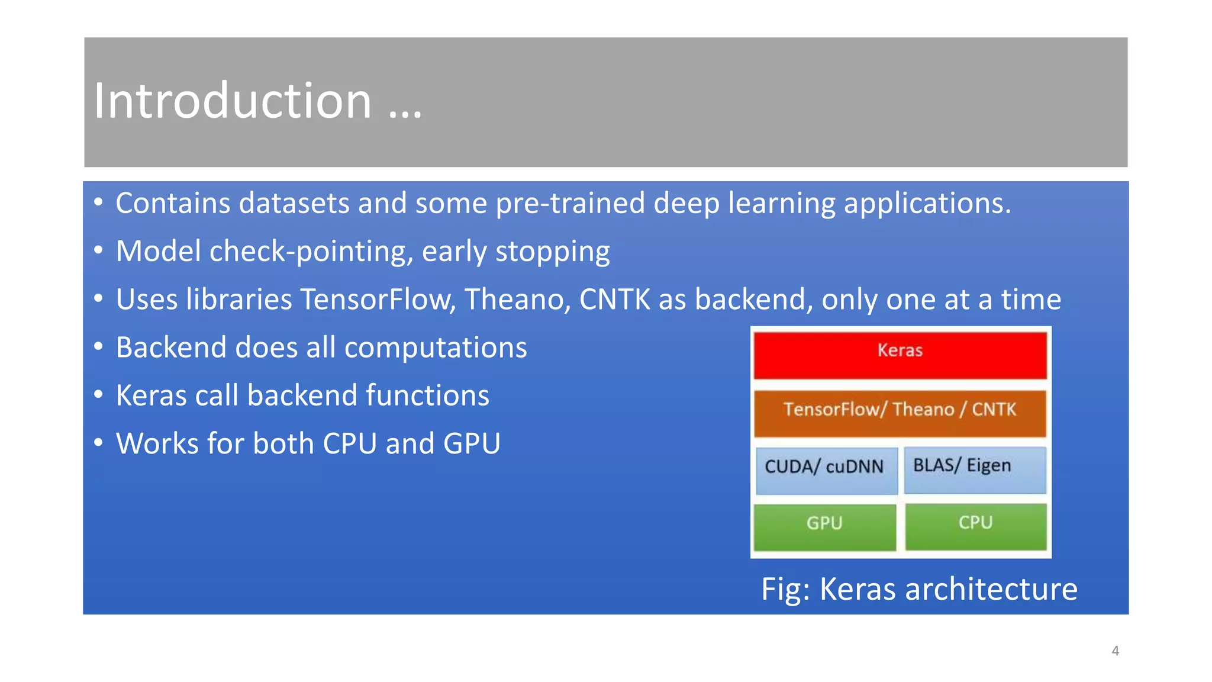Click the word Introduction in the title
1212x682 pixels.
[x=233, y=101]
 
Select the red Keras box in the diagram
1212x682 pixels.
[x=900, y=355]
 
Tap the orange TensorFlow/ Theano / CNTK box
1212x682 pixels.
[x=900, y=413]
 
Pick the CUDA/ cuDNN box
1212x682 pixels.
[x=826, y=470]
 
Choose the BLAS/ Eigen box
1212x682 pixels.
[x=975, y=469]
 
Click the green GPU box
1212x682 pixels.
[x=824, y=526]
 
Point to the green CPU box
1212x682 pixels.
[x=976, y=526]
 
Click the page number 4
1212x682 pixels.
[x=1115, y=651]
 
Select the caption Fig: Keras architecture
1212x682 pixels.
[x=919, y=589]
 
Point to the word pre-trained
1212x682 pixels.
[x=570, y=204]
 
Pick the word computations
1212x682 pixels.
[x=436, y=348]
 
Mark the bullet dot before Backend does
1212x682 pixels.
[x=98, y=346]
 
